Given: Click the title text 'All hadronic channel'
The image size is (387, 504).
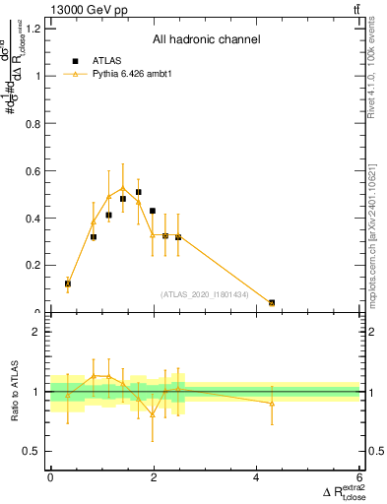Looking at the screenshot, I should (206, 39).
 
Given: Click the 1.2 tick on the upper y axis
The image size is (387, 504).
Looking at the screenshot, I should (33, 28).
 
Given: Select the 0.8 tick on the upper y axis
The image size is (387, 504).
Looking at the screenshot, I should (33, 123).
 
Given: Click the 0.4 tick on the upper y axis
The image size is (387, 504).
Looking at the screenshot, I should (33, 219).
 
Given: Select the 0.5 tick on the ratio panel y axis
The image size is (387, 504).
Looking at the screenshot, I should (33, 451).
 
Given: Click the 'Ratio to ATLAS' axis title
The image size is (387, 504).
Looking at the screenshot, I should (14, 392).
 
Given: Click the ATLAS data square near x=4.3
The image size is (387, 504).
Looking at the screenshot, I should (272, 303).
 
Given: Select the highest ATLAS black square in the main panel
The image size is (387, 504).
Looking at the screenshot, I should (139, 192).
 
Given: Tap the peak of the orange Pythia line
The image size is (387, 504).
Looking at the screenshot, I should (123, 187).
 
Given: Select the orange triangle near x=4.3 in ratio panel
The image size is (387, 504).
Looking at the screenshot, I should (272, 403).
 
